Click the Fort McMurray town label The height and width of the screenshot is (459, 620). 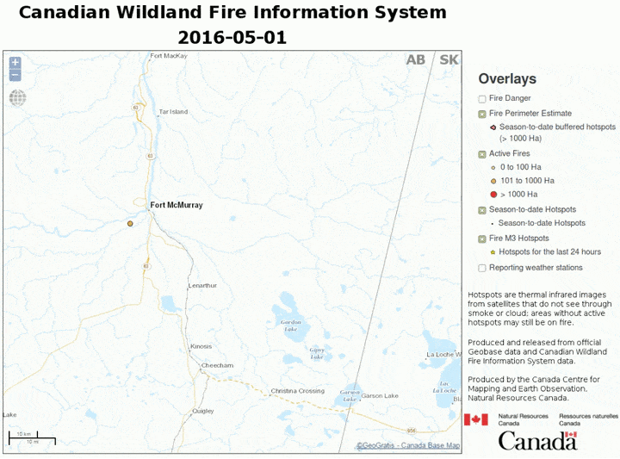[x=177, y=205]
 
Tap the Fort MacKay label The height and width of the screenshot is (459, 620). [x=169, y=56]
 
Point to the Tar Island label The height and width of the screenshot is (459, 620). [x=173, y=112]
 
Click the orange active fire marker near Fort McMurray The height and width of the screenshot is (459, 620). [x=130, y=223]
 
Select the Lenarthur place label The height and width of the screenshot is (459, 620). [x=203, y=285]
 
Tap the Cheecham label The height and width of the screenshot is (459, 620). [x=217, y=365]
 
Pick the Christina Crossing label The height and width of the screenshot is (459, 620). [x=297, y=391]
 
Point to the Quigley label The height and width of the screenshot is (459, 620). [x=203, y=411]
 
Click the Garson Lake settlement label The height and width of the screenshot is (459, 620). [x=380, y=396]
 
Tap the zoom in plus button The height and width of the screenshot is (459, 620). [x=15, y=63]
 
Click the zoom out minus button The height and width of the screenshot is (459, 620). [x=15, y=75]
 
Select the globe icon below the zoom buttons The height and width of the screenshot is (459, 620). [x=17, y=97]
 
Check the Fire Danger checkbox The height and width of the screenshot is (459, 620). [x=482, y=98]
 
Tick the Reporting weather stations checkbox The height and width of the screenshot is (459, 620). [x=482, y=268]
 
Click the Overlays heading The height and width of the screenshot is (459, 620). [x=507, y=79]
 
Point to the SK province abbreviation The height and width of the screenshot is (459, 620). [x=449, y=59]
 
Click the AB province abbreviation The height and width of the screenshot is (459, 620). [x=416, y=59]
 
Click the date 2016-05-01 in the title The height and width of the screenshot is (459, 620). [x=232, y=38]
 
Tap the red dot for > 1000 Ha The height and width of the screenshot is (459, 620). [x=483, y=195]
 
